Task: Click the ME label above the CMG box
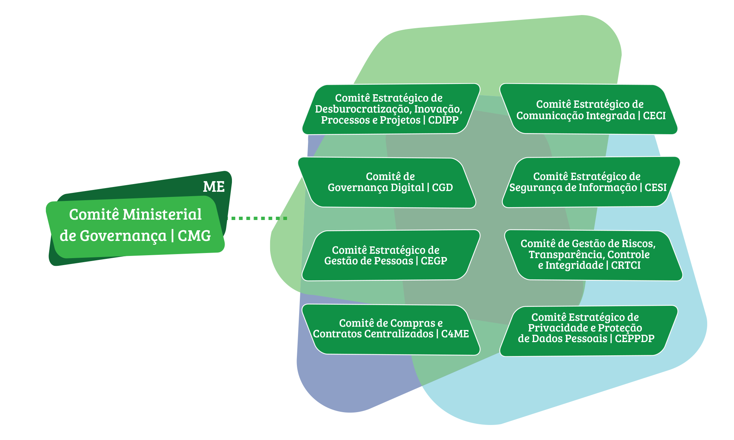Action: tap(214, 187)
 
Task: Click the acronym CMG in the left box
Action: tap(194, 236)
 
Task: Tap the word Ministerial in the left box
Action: tap(162, 214)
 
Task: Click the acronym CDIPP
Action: tap(443, 120)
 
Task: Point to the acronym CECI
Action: tap(654, 116)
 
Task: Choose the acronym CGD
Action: tap(442, 188)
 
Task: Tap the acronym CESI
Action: tap(655, 188)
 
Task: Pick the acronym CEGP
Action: tap(434, 261)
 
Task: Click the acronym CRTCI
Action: tap(626, 265)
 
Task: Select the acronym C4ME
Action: tap(455, 334)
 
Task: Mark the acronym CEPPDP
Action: tap(635, 339)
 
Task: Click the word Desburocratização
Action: tap(363, 109)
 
